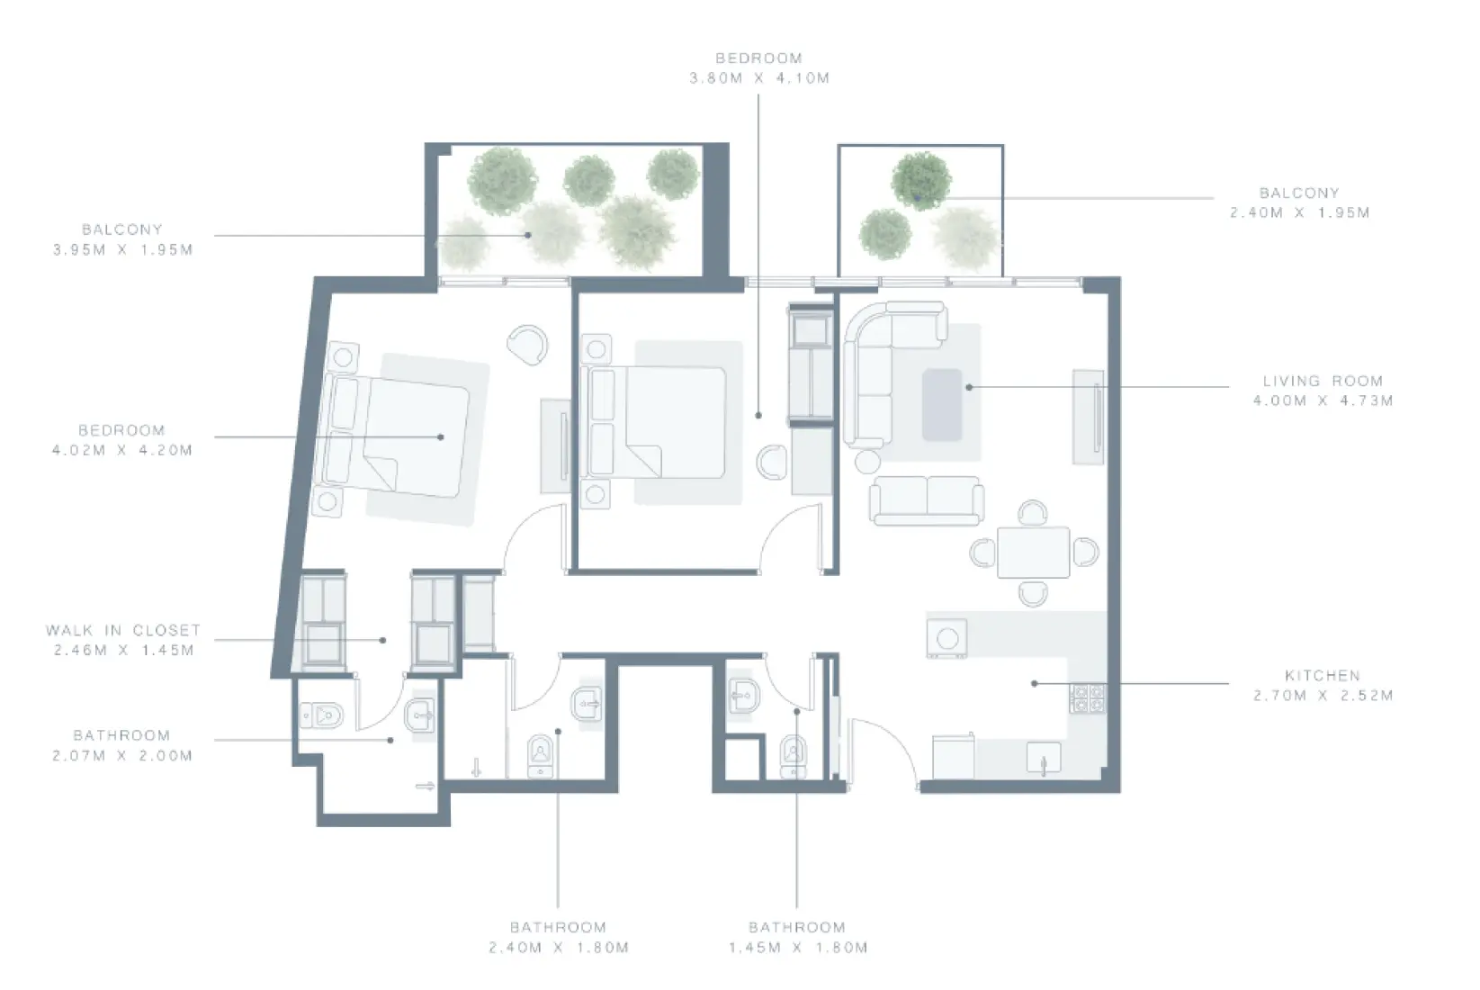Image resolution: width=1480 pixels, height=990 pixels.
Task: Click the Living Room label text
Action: tap(1322, 381)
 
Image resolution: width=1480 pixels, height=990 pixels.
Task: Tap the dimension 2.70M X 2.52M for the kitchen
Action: tap(1322, 695)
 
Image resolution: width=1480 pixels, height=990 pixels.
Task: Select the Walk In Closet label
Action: tap(123, 630)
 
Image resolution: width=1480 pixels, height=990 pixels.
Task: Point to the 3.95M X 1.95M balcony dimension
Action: tap(123, 249)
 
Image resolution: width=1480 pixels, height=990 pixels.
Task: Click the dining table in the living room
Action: tap(1033, 552)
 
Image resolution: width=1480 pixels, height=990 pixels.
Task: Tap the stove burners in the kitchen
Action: tap(1088, 698)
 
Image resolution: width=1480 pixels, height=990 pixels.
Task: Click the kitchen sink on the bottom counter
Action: tap(1043, 758)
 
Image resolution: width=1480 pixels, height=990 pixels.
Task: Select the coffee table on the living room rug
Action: tap(942, 404)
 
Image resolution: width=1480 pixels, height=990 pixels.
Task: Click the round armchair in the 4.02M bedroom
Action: tap(527, 344)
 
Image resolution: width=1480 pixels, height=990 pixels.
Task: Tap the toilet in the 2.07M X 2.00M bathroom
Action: tap(321, 715)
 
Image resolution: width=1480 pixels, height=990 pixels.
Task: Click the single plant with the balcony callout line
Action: tap(921, 181)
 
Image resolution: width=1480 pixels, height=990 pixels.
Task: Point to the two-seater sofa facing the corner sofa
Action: tap(926, 499)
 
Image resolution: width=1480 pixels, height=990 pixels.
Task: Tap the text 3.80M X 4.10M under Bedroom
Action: tap(758, 78)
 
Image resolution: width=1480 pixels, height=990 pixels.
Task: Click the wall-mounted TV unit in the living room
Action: tap(1089, 416)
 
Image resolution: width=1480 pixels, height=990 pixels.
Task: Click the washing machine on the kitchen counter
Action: tap(946, 637)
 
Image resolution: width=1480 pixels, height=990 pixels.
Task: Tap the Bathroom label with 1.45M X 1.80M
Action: tap(796, 927)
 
